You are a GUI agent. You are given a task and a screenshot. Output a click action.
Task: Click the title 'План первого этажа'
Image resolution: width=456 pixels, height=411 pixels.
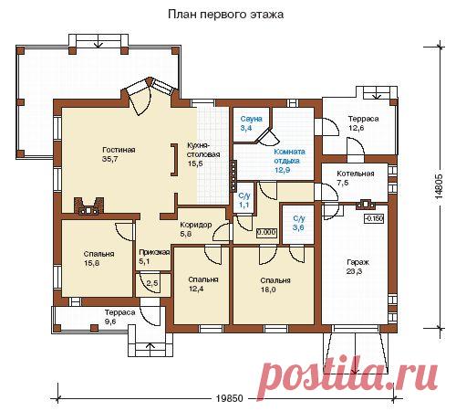(x=226, y=15)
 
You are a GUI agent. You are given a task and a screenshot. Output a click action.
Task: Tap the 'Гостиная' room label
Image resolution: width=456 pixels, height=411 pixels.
(x=119, y=150)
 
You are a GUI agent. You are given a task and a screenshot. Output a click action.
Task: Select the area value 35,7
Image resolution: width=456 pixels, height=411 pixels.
(x=110, y=159)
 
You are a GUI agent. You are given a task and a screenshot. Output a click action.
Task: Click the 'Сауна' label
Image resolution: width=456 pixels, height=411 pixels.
(x=251, y=119)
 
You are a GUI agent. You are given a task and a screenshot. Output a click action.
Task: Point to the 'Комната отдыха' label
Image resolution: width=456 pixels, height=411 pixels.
(x=290, y=156)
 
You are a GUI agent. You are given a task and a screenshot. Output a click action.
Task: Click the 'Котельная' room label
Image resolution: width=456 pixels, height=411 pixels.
(x=356, y=174)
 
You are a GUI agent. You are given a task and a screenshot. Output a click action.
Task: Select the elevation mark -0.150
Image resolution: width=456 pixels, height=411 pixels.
(x=374, y=218)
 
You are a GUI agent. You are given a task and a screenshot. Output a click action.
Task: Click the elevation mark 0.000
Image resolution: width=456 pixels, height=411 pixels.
(x=266, y=233)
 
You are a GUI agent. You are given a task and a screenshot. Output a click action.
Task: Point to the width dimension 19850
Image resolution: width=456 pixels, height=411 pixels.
(x=230, y=398)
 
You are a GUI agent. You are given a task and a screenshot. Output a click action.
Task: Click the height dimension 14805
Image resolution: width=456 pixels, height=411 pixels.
(x=439, y=187)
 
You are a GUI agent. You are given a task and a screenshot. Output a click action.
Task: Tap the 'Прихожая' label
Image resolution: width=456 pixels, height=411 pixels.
(x=154, y=252)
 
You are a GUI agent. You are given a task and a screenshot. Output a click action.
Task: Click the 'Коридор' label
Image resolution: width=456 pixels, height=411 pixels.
(x=196, y=225)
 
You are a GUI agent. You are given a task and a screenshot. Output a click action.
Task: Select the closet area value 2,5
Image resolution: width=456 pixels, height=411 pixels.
(x=152, y=283)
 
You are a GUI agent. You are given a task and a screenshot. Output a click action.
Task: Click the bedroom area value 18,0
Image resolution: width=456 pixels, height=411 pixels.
(x=268, y=290)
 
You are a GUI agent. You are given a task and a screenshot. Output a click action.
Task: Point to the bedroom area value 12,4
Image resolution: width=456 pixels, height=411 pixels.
(x=196, y=289)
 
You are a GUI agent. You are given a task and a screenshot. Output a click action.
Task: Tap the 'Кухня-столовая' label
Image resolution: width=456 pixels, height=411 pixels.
(x=203, y=150)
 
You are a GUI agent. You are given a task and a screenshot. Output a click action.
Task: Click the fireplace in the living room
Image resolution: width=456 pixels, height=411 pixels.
(x=88, y=206)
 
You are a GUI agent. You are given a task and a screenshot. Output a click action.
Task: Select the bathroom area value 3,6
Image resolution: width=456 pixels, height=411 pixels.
(x=298, y=227)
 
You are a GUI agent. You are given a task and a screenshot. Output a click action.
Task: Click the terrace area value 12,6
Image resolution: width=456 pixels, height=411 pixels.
(x=357, y=128)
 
